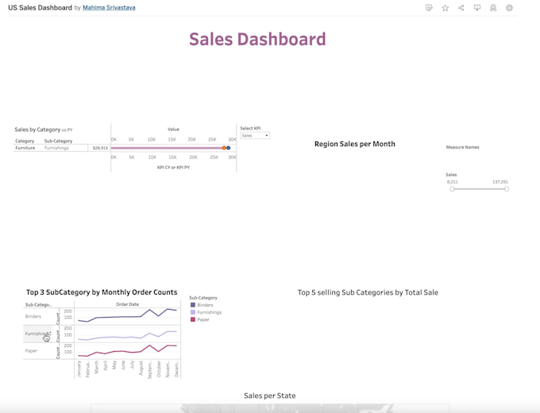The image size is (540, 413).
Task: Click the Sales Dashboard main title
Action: click(x=257, y=39)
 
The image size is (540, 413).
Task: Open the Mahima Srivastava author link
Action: click(x=109, y=8)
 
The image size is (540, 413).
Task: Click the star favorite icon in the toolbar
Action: click(x=445, y=8)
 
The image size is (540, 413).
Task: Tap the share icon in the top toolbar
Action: click(x=461, y=8)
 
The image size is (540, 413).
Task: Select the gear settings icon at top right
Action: click(x=509, y=8)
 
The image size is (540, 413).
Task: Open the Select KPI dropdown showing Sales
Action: click(x=255, y=136)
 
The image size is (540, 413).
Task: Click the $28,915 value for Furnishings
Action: click(x=100, y=148)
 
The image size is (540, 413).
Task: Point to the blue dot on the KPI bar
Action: click(x=229, y=148)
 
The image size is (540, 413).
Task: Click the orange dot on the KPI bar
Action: click(x=224, y=148)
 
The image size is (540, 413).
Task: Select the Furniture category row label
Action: click(x=25, y=148)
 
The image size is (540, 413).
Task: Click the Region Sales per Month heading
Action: click(x=354, y=144)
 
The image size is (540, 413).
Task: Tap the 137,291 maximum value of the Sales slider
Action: click(x=499, y=182)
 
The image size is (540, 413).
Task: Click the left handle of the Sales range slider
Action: click(x=452, y=189)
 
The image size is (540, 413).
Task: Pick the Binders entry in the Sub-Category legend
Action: click(x=205, y=305)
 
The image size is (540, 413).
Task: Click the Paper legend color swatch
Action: click(x=193, y=319)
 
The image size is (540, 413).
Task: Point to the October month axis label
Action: click(x=159, y=369)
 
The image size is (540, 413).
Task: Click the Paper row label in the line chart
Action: click(x=31, y=350)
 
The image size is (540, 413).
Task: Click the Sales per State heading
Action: click(x=269, y=396)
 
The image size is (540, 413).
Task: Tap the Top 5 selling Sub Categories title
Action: click(x=368, y=292)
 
